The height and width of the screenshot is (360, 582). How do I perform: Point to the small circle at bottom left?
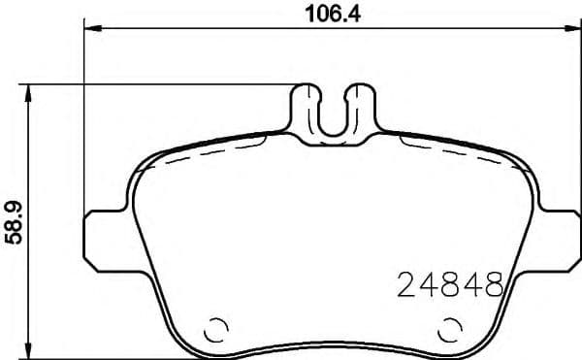216,330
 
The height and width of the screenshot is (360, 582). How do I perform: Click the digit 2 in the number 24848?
407,285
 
